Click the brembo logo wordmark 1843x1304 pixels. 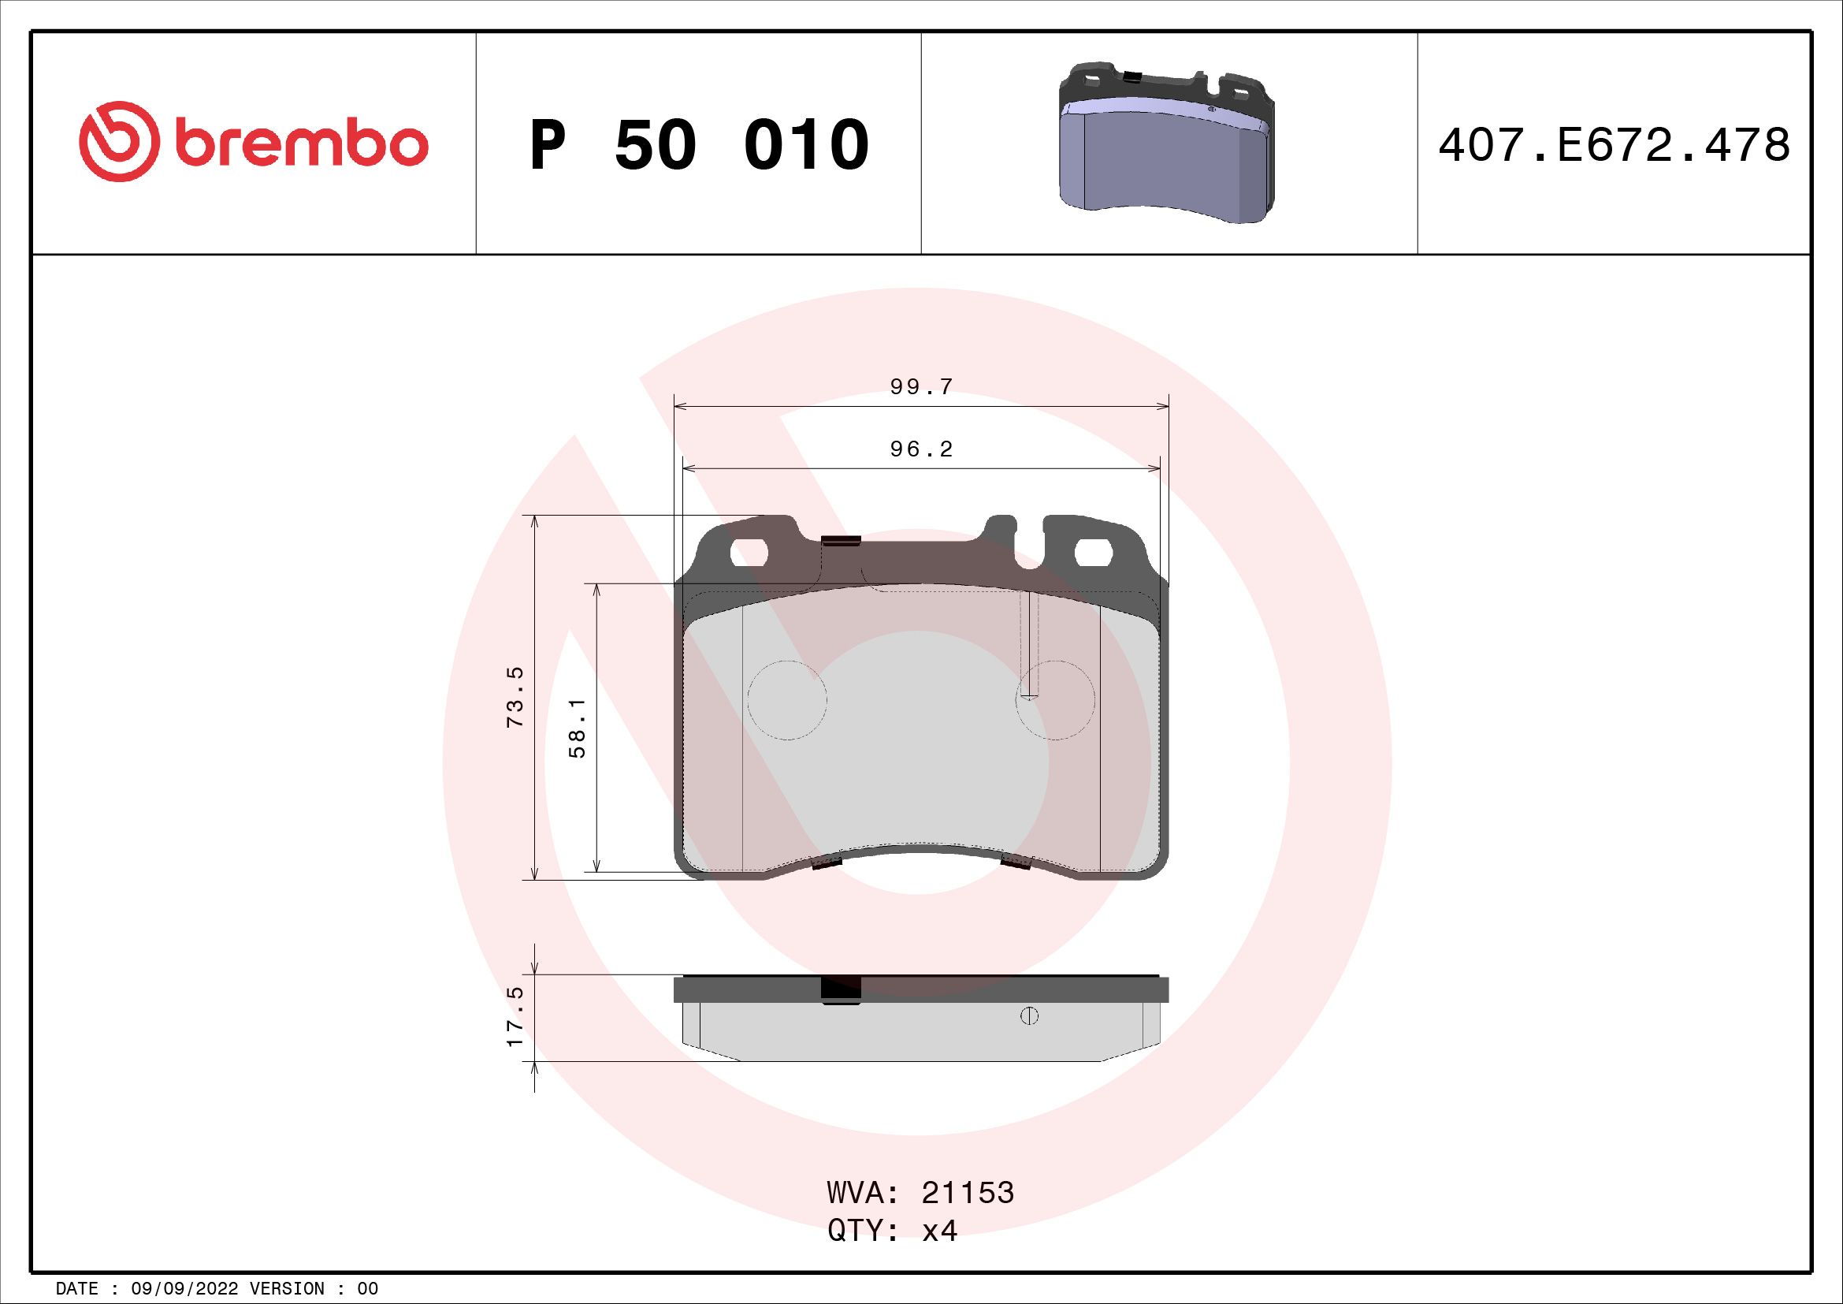click(298, 144)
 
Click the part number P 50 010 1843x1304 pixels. click(699, 145)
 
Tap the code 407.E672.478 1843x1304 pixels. click(1614, 145)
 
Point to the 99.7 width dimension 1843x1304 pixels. click(920, 387)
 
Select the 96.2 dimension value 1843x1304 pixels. click(920, 449)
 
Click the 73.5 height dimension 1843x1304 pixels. click(515, 697)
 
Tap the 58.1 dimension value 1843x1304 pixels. click(577, 728)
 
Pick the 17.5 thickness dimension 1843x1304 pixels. click(515, 1015)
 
